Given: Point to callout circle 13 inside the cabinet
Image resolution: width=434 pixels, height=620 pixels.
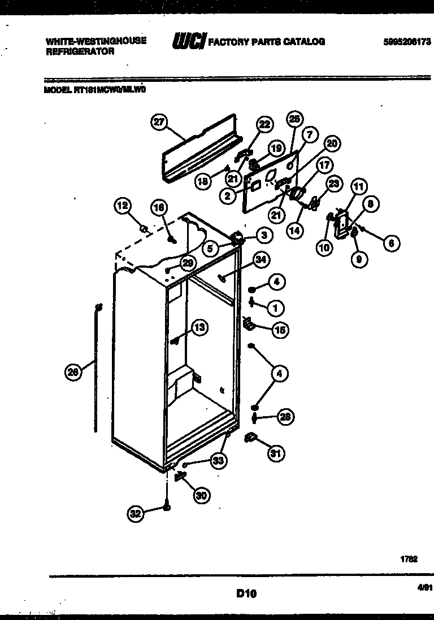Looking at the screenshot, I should pos(199,327).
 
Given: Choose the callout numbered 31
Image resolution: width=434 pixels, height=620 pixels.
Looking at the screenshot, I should pos(276,453).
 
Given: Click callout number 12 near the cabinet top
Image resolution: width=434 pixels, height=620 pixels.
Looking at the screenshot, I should pos(123,207).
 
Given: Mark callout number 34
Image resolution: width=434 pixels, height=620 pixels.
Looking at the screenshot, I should pos(261,260).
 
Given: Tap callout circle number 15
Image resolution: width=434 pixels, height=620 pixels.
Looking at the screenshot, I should pos(280,330).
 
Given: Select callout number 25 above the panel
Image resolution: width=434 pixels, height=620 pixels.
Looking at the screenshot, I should pos(295,119).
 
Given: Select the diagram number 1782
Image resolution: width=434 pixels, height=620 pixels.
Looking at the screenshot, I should pos(409,559).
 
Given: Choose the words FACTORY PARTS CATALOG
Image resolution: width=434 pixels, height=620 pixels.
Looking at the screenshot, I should pos(267,42).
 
